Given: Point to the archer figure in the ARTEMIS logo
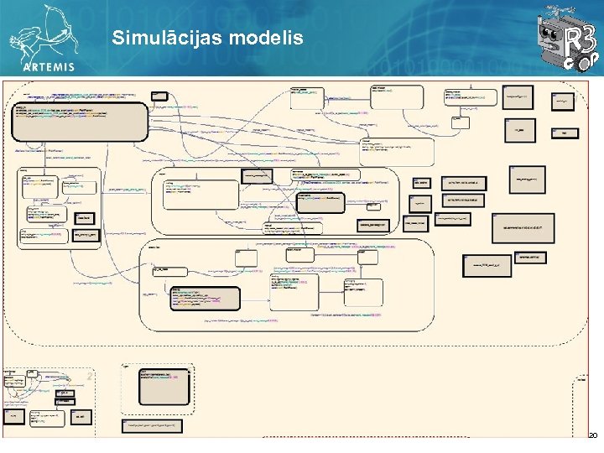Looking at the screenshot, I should (x=46, y=29).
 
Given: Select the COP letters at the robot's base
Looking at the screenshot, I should (x=579, y=66).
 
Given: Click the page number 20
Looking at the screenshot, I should (x=591, y=435).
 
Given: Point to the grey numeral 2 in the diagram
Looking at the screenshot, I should (x=89, y=377).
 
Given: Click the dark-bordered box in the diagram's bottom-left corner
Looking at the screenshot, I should (x=16, y=416).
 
